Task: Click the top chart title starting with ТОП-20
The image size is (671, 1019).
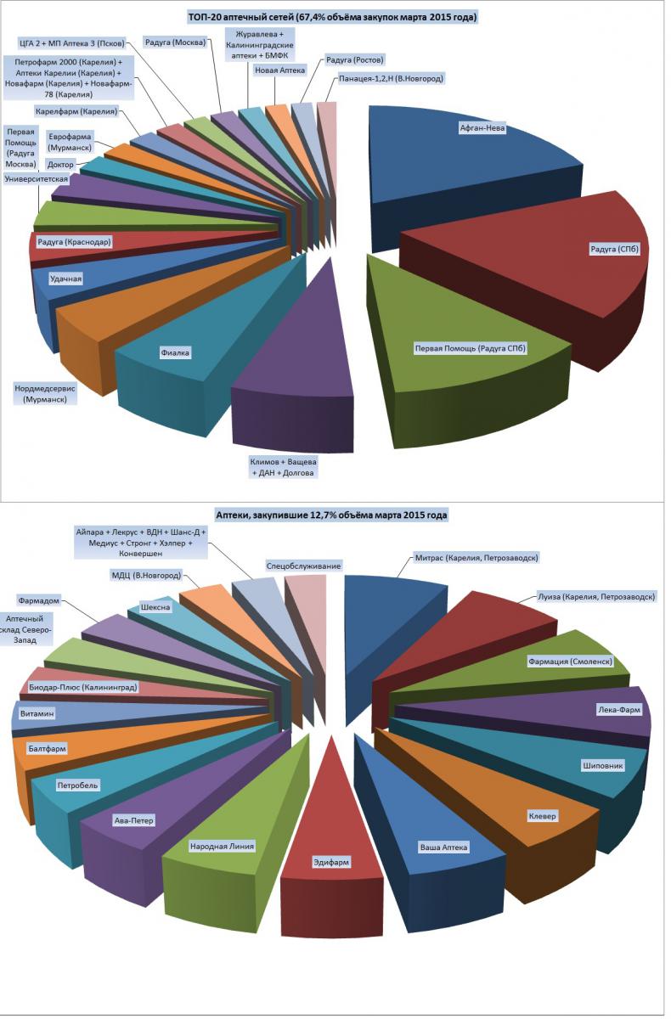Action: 333,17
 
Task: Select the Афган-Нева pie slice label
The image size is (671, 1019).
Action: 482,128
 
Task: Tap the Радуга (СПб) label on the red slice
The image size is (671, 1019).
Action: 614,249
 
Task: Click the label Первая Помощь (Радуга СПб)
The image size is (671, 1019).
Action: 471,348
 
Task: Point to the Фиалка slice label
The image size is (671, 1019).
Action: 175,352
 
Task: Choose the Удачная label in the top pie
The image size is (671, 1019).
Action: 65,279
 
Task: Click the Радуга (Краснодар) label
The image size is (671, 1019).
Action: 74,242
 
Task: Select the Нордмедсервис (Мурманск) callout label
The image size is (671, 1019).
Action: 44,394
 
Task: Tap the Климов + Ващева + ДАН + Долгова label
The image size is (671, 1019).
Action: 283,467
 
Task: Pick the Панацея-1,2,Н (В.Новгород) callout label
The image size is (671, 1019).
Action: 391,79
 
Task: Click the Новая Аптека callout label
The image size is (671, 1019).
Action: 279,70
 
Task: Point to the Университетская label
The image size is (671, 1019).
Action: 37,179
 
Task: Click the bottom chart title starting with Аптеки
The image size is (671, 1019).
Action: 331,515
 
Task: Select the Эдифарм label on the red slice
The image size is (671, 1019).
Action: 330,862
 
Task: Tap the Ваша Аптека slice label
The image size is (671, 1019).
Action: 443,847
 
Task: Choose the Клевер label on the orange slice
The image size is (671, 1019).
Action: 542,816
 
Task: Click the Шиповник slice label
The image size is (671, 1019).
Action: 603,766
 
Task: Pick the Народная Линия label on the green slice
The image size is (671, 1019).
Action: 222,847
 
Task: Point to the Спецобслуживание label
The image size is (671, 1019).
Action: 303,566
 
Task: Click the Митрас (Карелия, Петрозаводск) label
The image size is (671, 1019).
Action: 476,558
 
